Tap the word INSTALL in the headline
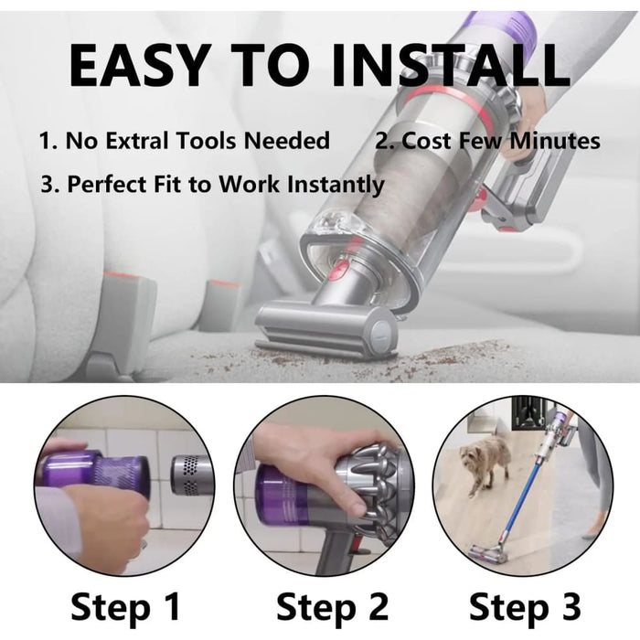point(450,65)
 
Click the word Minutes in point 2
point(555,141)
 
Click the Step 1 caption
point(125,607)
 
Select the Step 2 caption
point(332,607)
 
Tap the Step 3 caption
point(525,607)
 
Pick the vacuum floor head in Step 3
point(487,553)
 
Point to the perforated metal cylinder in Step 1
point(191,475)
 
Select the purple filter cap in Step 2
point(282,495)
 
